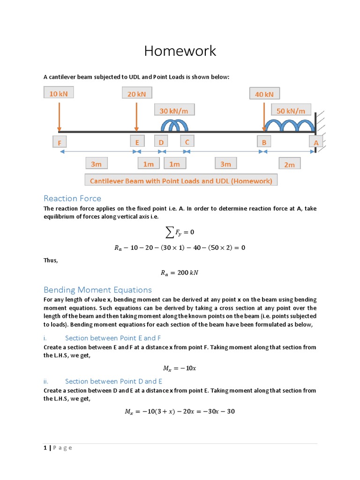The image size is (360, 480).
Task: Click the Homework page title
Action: click(180, 51)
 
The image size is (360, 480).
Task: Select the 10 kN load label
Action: click(59, 93)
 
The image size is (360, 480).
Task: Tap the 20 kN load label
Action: click(136, 94)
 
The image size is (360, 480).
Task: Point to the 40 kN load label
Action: click(264, 94)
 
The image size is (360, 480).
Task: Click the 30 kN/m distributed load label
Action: click(174, 111)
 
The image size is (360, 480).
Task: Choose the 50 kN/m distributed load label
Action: click(291, 111)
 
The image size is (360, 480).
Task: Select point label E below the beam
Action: click(137, 142)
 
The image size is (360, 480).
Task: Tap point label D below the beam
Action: click(161, 142)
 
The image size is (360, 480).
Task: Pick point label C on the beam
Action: click(187, 141)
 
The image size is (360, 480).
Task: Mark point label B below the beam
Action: click(264, 142)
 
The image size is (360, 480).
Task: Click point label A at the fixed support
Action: click(316, 142)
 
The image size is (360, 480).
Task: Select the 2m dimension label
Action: click(289, 164)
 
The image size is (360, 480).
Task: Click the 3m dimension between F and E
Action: click(96, 164)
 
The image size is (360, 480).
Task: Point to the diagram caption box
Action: click(181, 180)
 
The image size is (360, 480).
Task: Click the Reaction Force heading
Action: click(72, 198)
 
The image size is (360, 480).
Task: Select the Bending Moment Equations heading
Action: click(97, 290)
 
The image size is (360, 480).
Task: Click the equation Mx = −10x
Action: click(180, 368)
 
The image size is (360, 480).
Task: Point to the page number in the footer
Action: click(45, 448)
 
